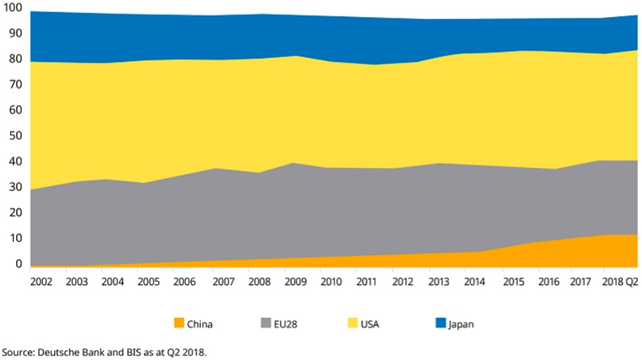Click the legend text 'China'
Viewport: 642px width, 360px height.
tap(200, 324)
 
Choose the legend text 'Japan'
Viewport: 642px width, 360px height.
tap(461, 324)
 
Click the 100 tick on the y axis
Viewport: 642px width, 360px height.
tap(14, 8)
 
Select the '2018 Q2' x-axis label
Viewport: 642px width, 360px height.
tap(620, 281)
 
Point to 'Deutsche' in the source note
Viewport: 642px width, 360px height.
tap(62, 351)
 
